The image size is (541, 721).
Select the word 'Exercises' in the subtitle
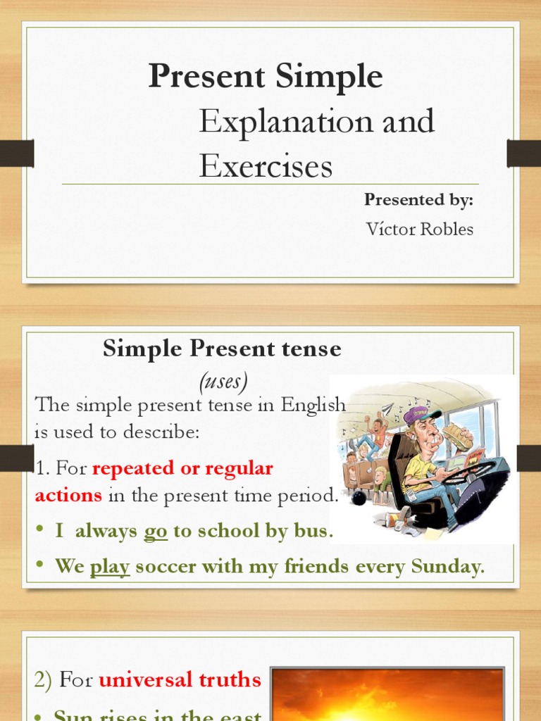265,166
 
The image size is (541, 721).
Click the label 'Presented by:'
418,199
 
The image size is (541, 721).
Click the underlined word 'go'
156,532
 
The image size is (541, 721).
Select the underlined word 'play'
110,567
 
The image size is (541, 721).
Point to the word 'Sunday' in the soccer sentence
451,567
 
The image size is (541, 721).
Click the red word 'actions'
68,495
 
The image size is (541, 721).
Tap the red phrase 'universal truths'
180,679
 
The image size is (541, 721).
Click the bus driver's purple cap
421,415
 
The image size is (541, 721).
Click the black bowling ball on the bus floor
358,497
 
